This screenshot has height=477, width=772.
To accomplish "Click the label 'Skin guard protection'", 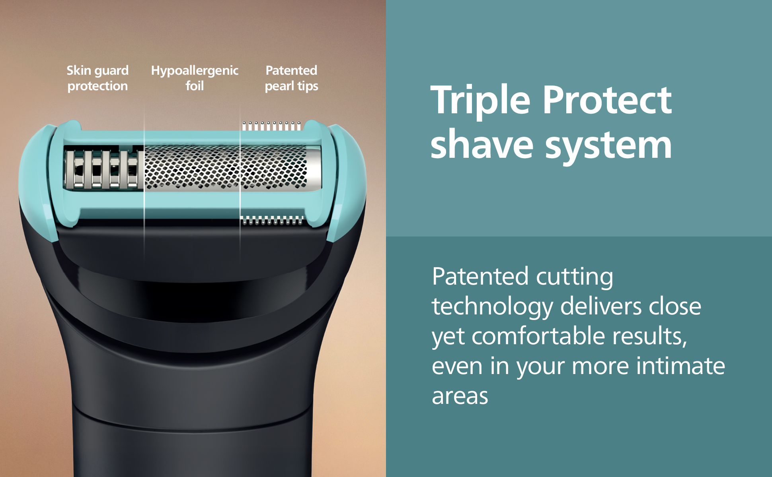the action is coord(97,78).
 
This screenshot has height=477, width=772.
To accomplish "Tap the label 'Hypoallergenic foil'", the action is coord(195,78).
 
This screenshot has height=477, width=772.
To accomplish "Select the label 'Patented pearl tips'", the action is coord(292,78).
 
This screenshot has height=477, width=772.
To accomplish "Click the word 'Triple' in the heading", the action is coord(480,101).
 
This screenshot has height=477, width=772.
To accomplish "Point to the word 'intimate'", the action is coord(680,366).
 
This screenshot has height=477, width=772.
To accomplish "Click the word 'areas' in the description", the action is coord(460,396).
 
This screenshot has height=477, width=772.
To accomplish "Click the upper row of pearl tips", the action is coord(272,126).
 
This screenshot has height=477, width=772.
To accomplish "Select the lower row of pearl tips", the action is coord(273,221).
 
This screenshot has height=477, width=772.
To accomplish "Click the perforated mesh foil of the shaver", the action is coord(226,167).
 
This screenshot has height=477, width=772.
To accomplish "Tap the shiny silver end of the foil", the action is coord(314,167).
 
